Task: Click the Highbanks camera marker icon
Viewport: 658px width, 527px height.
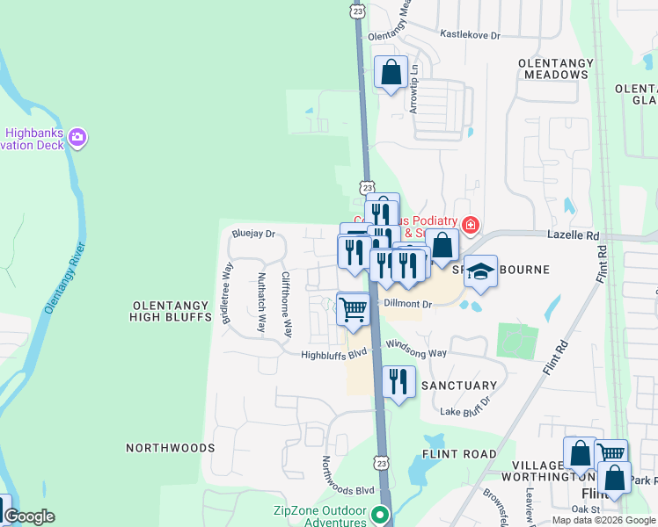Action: pos(77,136)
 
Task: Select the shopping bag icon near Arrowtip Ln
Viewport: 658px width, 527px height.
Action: pos(391,73)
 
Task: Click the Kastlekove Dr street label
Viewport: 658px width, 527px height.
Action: pos(470,35)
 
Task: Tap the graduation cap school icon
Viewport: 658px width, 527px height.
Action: pos(480,272)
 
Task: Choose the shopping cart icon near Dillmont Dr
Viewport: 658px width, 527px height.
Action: pos(353,309)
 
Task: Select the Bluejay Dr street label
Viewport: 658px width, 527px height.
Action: pos(253,235)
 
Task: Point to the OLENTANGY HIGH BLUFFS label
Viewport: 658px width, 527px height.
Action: pos(171,311)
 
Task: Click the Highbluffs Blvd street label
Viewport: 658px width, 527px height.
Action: pos(333,356)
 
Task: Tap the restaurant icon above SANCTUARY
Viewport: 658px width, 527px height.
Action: pos(398,381)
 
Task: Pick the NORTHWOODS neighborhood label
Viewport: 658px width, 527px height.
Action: pos(170,448)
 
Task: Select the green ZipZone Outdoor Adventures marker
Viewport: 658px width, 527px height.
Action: pos(380,515)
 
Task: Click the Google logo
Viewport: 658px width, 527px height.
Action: pos(29,516)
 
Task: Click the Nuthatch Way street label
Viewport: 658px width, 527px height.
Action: pos(262,301)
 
